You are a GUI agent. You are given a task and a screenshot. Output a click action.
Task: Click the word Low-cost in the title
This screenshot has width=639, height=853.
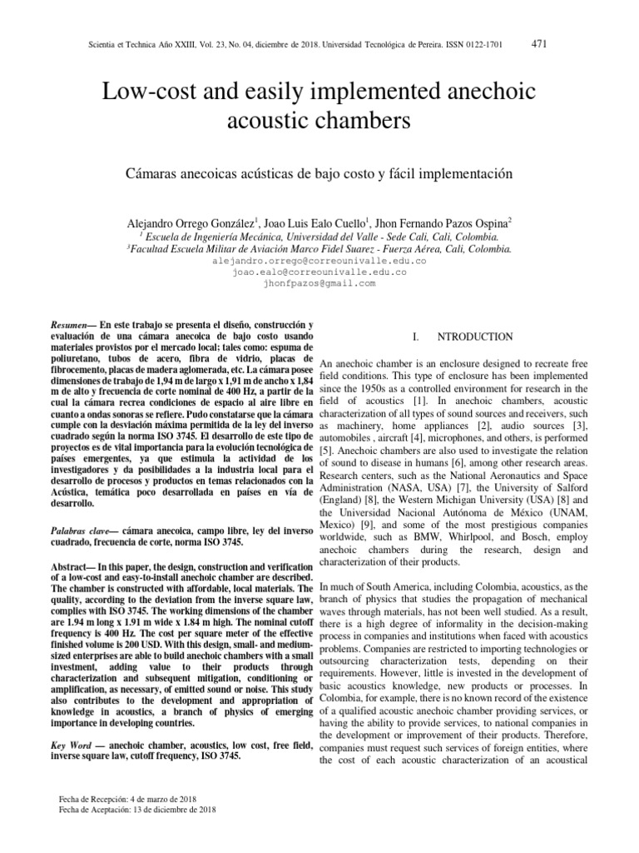(143, 91)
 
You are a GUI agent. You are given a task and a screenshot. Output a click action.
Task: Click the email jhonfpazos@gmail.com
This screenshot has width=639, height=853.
(319, 283)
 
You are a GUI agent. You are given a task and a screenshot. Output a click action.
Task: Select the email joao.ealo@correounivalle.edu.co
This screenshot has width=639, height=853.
(319, 272)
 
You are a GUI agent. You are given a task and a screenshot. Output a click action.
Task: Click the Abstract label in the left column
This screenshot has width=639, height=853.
(73, 566)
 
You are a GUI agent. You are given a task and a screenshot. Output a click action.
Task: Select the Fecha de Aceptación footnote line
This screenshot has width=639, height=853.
(133, 809)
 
